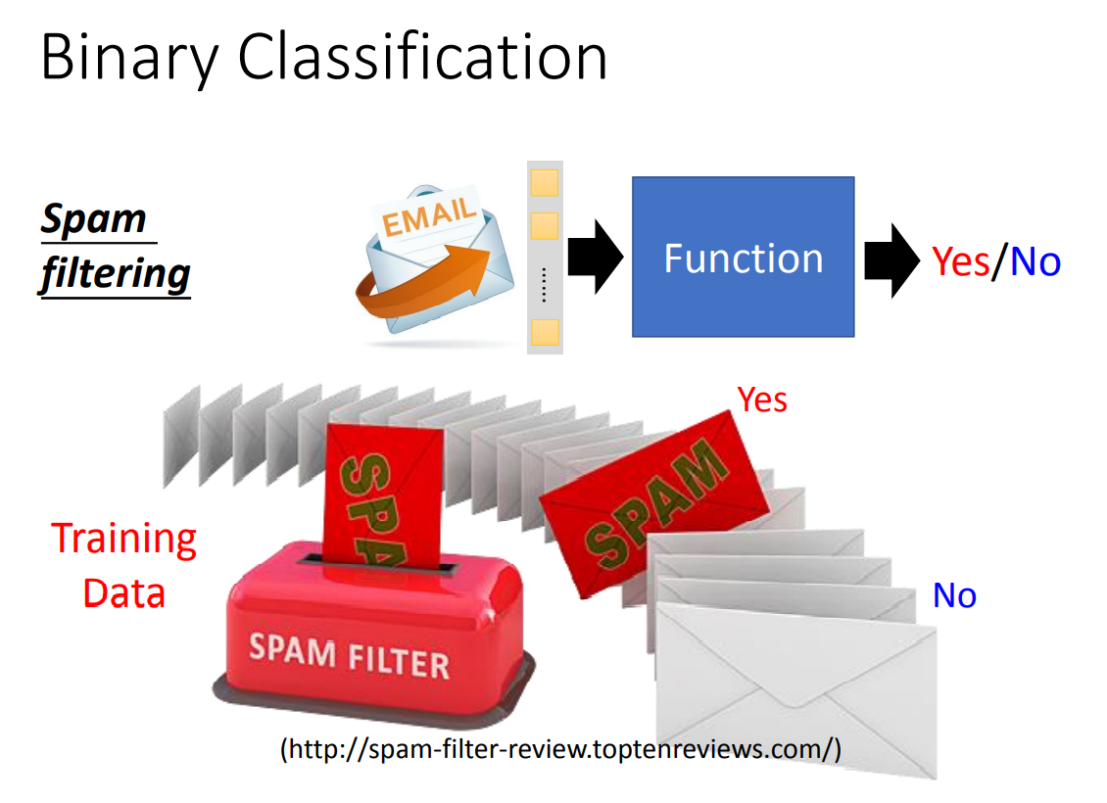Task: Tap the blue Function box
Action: (x=743, y=257)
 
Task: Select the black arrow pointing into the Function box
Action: (x=595, y=258)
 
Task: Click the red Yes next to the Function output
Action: (x=961, y=261)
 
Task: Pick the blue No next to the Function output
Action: (x=1035, y=261)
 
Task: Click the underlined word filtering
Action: (x=115, y=273)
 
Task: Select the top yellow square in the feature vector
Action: (x=544, y=182)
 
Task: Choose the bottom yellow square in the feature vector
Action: (x=544, y=331)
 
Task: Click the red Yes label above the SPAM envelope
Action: (x=762, y=400)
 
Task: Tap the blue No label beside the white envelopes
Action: (x=954, y=595)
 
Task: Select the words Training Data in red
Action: (x=123, y=566)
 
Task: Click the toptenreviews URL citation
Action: (x=560, y=750)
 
